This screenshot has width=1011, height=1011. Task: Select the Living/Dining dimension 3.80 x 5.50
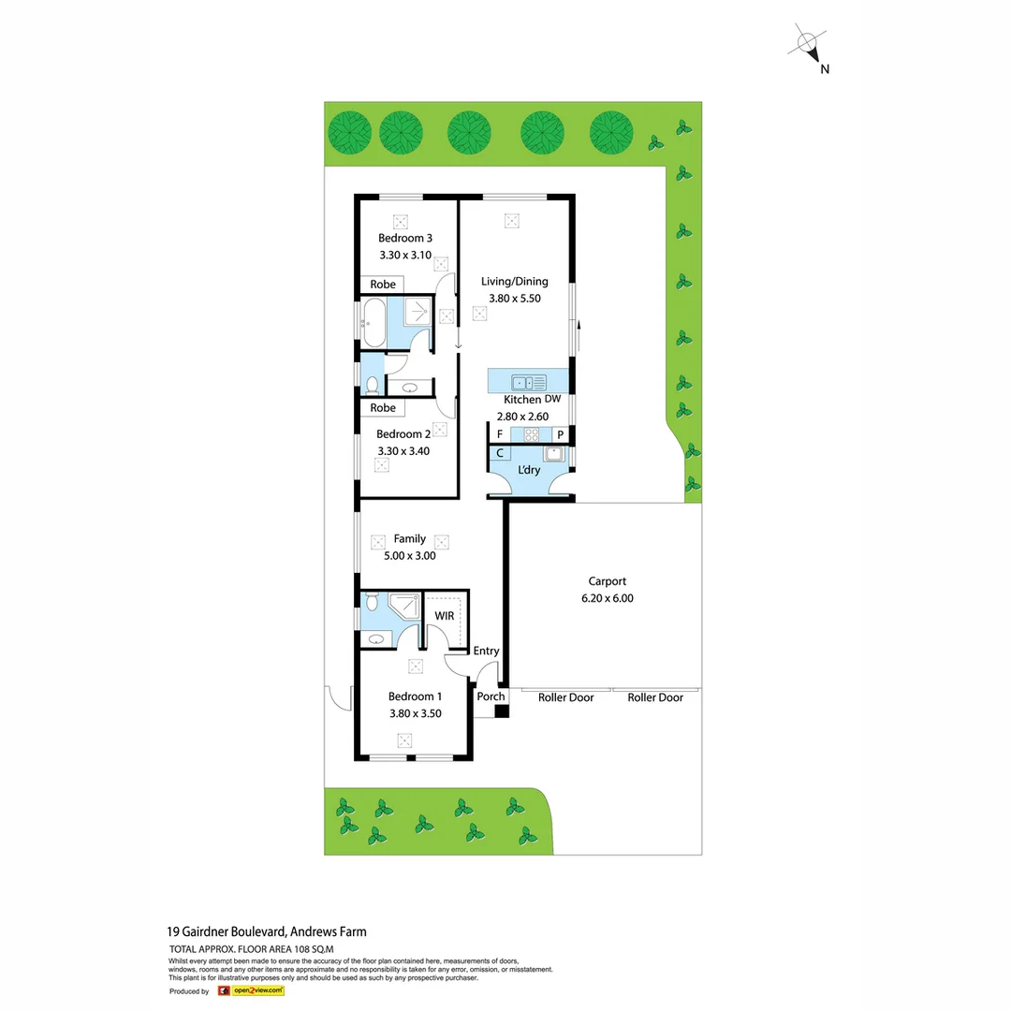point(514,299)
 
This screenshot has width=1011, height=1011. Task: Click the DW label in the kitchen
point(552,400)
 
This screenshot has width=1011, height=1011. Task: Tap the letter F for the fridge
point(500,434)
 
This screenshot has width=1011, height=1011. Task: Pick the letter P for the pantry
point(560,434)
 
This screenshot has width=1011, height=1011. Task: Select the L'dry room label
point(529,470)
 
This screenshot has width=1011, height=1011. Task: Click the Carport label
point(607,581)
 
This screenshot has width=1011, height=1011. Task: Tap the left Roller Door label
point(565,697)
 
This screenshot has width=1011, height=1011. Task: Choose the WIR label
point(444,616)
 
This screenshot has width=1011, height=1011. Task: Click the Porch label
point(491,696)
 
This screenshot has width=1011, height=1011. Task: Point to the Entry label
point(486,652)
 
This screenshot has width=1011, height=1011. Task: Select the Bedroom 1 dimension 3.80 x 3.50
point(415,713)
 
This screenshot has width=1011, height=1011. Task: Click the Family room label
point(409,539)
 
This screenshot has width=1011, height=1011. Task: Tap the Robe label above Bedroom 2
point(382,408)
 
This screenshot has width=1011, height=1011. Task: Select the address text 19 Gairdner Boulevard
point(226,931)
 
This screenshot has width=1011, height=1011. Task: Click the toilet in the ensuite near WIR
point(372,600)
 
